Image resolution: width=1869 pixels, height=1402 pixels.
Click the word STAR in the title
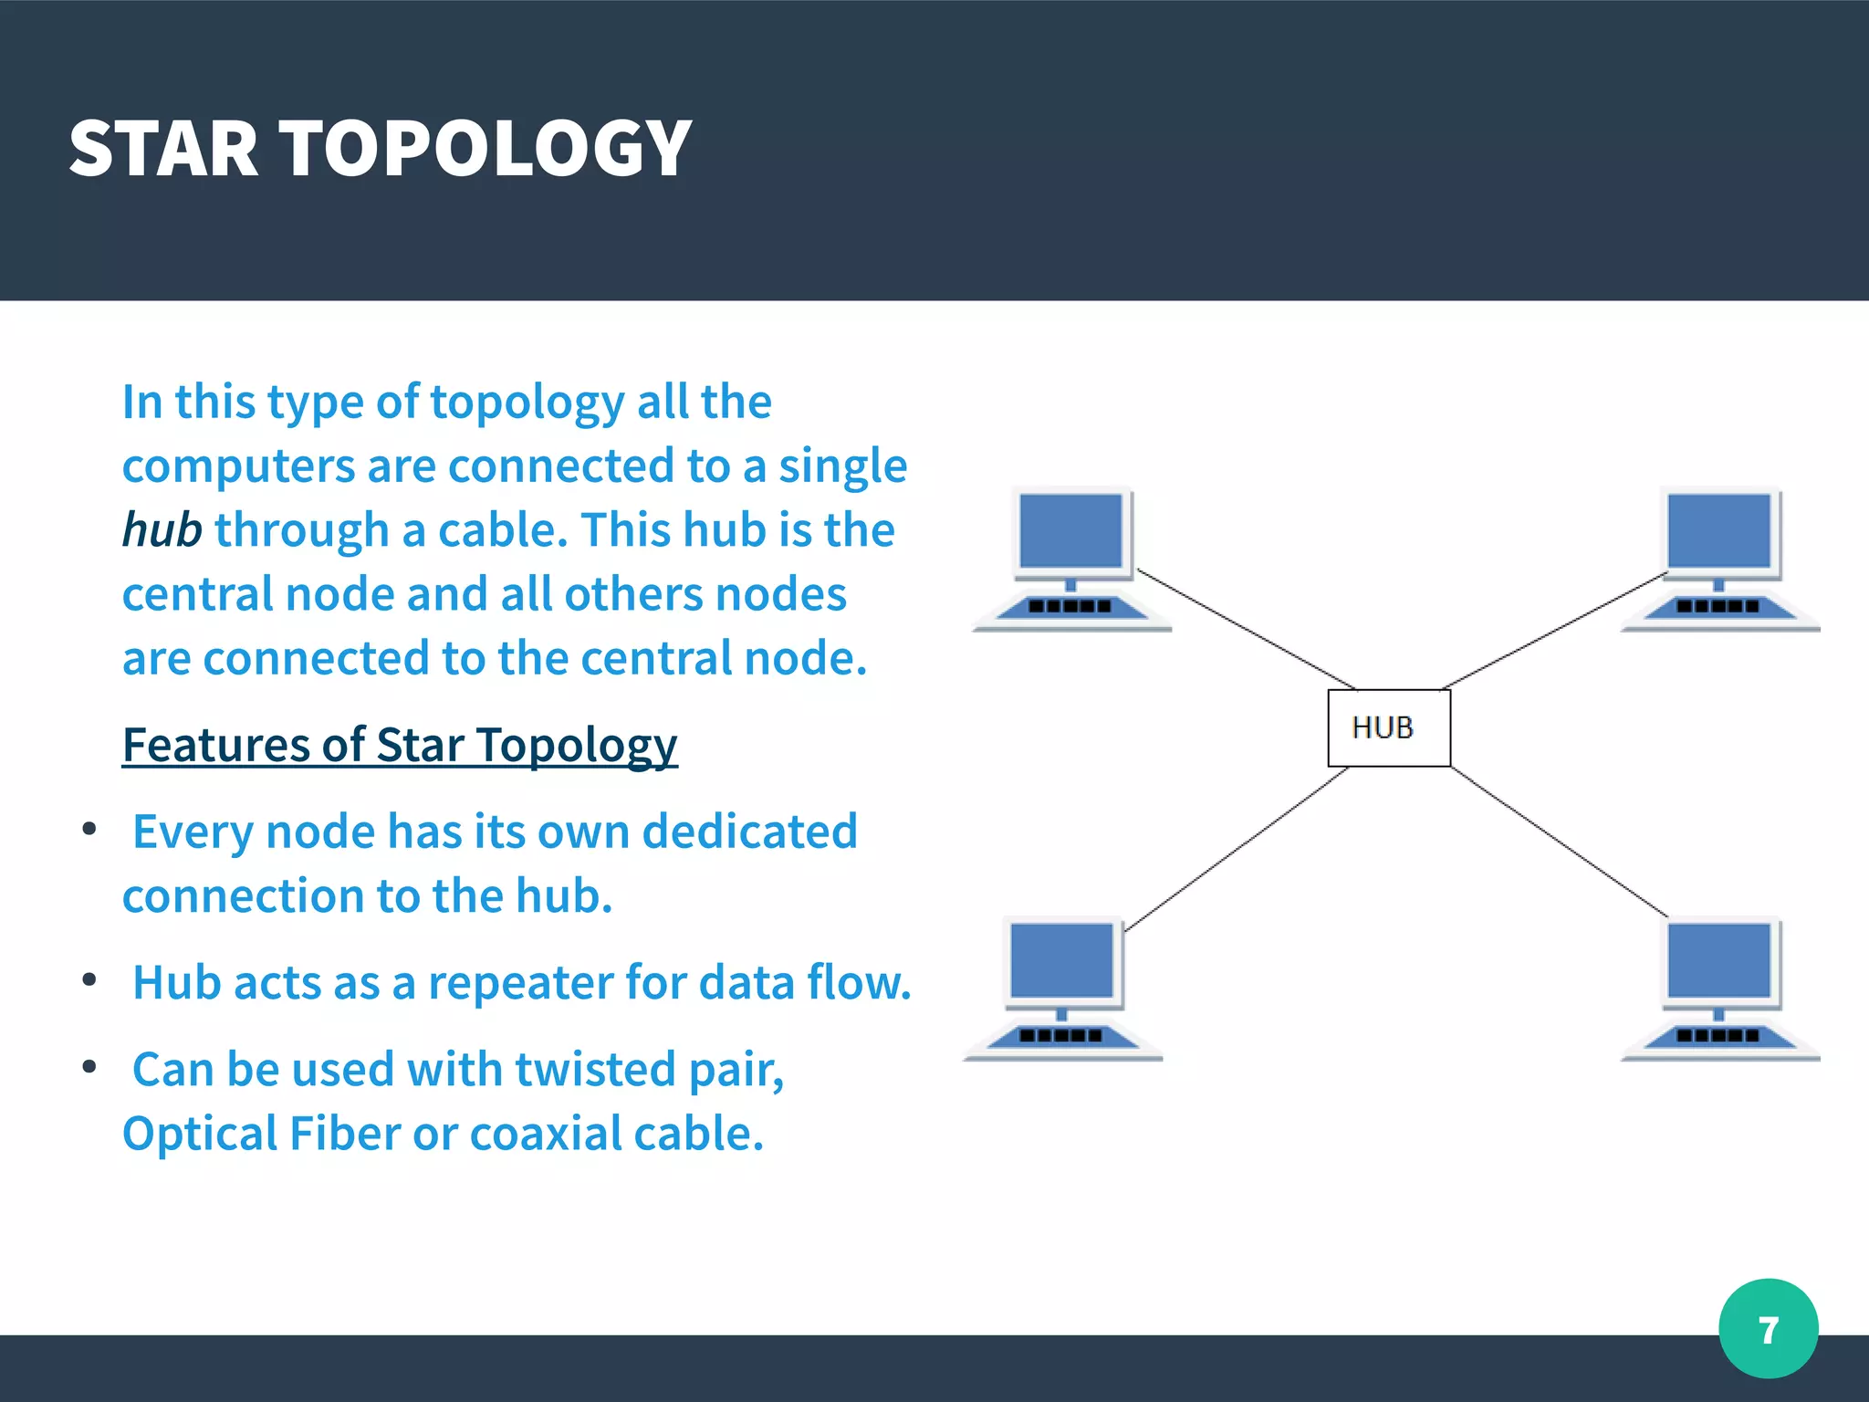point(164,149)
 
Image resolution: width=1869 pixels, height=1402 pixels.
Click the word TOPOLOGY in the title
point(485,149)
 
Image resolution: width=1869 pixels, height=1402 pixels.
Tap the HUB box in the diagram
point(1388,727)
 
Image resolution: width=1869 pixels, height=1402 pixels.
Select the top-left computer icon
point(1072,559)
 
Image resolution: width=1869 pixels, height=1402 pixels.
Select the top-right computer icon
point(1719,559)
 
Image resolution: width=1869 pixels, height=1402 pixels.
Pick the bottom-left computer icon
point(1063,988)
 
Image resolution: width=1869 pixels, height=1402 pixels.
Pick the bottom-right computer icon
point(1719,988)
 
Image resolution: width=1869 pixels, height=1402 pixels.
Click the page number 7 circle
point(1768,1329)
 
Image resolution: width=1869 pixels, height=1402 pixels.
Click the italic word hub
point(162,530)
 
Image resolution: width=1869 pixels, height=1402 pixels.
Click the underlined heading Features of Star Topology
point(400,745)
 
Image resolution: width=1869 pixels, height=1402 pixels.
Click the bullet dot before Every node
point(89,829)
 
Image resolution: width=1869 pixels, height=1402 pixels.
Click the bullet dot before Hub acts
point(89,979)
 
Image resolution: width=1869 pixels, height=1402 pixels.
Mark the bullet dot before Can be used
point(89,1066)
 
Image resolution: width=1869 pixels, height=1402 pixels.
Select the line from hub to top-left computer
point(1246,630)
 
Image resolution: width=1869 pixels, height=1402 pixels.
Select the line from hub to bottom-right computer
point(1559,842)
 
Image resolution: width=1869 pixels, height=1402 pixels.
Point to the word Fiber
point(345,1134)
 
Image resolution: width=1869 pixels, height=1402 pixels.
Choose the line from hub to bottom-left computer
point(1237,849)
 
